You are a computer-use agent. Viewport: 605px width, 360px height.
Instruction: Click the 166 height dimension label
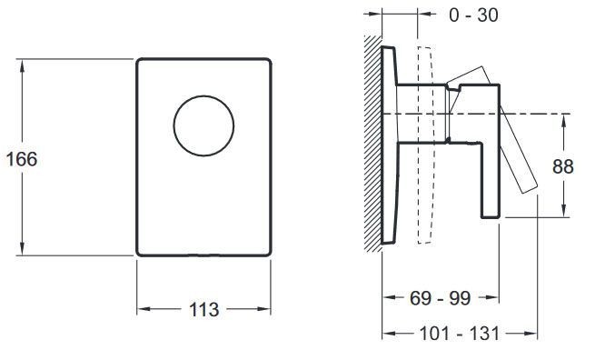tap(22, 159)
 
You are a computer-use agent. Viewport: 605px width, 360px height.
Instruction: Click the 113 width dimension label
tap(203, 309)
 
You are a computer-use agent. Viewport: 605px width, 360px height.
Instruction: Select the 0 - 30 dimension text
tap(473, 15)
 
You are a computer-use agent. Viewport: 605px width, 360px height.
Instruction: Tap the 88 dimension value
tap(563, 166)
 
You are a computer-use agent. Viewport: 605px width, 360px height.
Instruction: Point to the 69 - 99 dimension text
tap(441, 298)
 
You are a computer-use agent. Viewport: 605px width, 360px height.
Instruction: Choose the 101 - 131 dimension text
tap(459, 334)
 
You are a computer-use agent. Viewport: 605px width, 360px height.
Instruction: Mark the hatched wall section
tap(372, 144)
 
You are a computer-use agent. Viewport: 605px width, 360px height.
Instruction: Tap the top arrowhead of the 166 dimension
tap(22, 65)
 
